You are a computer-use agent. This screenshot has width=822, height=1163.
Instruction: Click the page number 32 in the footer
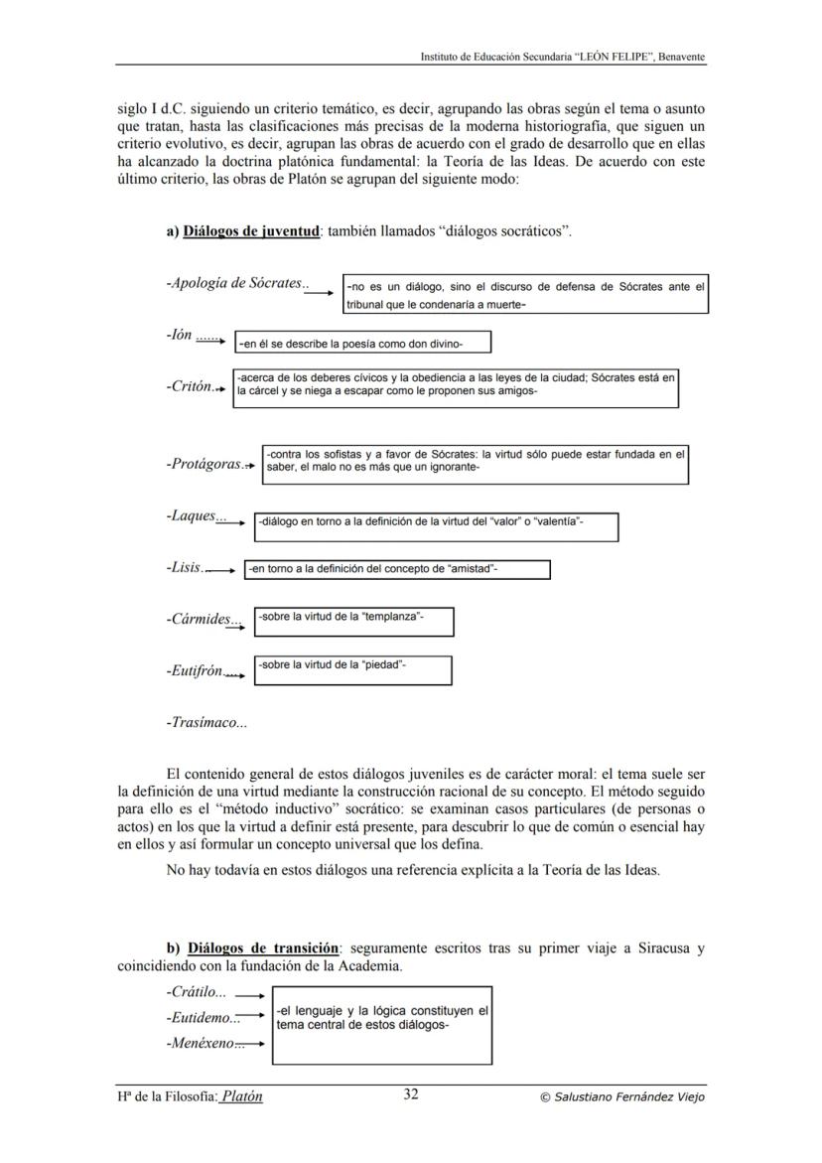(x=411, y=1095)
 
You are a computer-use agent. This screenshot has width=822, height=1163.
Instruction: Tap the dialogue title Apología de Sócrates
(x=234, y=283)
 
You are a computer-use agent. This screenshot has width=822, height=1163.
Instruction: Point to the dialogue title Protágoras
(x=204, y=464)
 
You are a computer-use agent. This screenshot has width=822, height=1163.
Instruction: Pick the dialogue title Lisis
(x=184, y=568)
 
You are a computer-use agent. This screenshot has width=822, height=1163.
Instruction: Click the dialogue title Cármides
(x=199, y=620)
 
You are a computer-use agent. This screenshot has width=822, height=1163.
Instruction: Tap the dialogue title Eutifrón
(x=195, y=671)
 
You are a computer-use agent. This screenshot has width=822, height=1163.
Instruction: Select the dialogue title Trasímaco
(x=206, y=723)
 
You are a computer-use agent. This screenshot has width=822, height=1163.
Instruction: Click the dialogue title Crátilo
(x=196, y=991)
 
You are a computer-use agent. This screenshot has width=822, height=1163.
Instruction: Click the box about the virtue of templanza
(x=353, y=621)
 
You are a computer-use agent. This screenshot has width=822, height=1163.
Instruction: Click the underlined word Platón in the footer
(x=242, y=1096)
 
